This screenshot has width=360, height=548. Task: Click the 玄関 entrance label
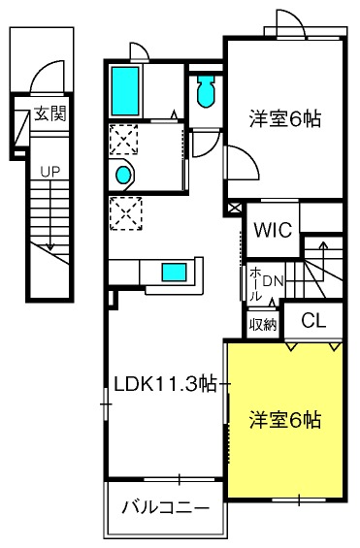coord(50,113)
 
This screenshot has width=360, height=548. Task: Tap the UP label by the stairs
coord(50,172)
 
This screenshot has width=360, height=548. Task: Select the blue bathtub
coord(125,91)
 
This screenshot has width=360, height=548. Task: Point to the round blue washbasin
coord(123,175)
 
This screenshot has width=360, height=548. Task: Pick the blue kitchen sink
coord(174,273)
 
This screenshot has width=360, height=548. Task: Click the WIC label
coord(273,230)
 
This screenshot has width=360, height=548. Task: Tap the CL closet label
coord(313,320)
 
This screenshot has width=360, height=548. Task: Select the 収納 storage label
coord(263,325)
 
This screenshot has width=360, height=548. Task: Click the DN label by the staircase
coord(273,281)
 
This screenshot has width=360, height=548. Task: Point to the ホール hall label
coord(255,284)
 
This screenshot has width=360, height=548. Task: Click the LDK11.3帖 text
coord(166,384)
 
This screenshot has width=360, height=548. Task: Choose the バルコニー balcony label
coord(166,507)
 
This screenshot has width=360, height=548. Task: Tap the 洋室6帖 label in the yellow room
coord(285,420)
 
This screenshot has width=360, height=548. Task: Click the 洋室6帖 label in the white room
coord(285,119)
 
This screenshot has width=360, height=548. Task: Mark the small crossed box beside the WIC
coord(235,208)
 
